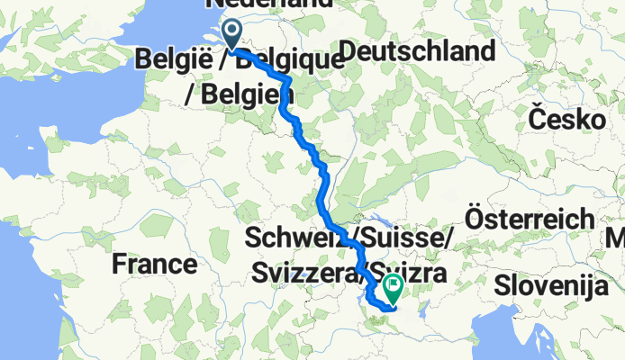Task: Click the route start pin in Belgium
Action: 231,35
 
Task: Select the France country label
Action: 155,264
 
